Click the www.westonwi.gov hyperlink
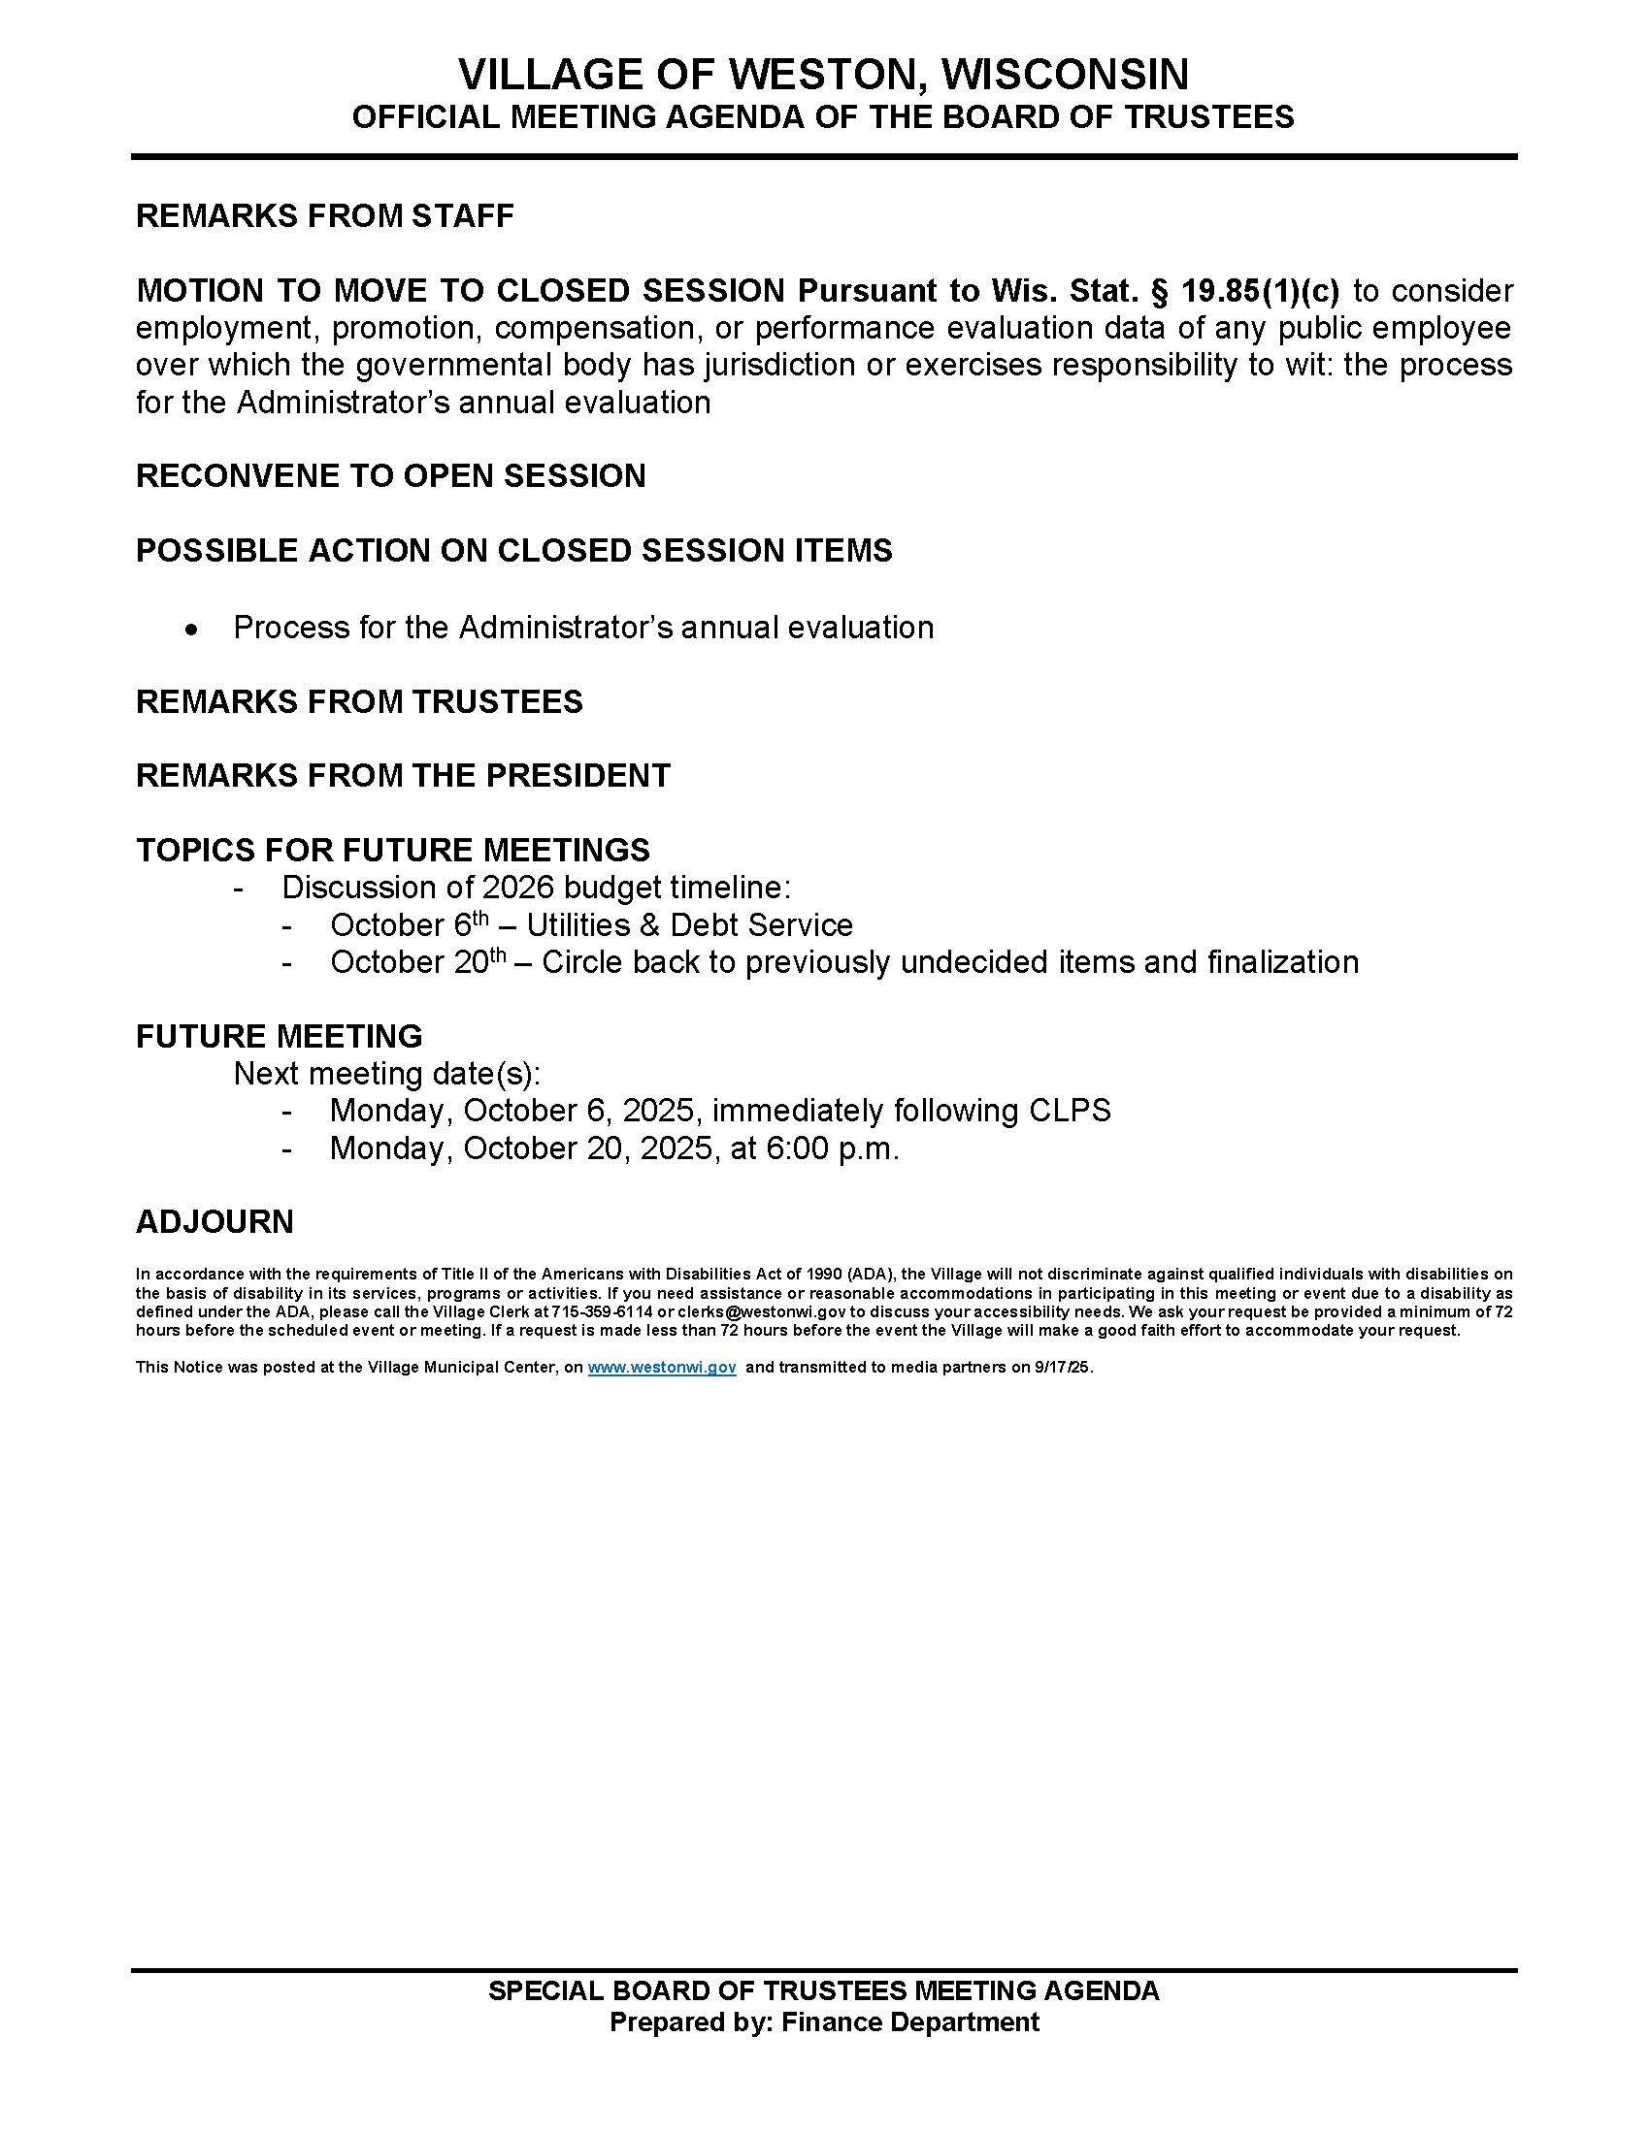662,1368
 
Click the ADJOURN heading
214,1222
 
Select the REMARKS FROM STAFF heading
324,216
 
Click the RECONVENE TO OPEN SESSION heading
390,476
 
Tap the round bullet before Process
193,630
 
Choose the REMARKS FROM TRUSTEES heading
359,701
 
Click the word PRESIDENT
577,776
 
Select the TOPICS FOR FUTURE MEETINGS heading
393,850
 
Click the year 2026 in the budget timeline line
518,889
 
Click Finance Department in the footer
909,2021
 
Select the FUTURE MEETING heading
279,1037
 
